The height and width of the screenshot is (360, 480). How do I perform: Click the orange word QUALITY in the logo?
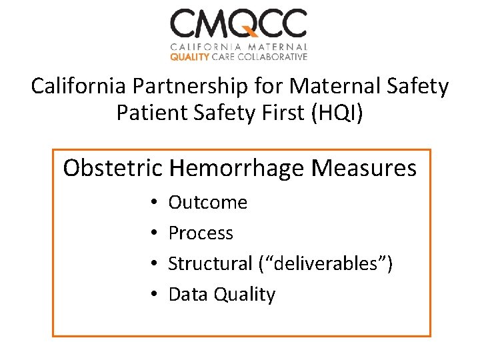click(x=189, y=57)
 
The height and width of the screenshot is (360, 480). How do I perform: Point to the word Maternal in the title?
click(x=343, y=87)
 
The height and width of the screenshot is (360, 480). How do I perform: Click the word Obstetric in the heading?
click(x=113, y=168)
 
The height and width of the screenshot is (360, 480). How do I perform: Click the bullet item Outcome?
click(x=207, y=203)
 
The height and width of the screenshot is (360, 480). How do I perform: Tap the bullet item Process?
click(x=201, y=233)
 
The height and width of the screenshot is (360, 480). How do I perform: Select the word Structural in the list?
click(x=210, y=264)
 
